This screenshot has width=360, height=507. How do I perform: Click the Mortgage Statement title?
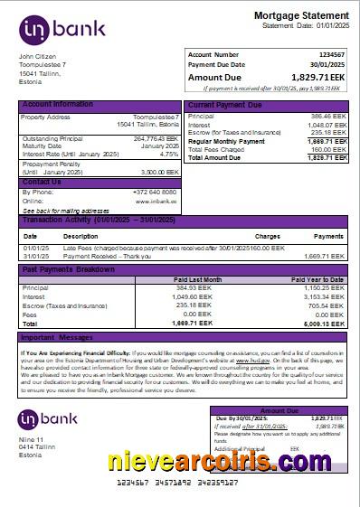coord(301,16)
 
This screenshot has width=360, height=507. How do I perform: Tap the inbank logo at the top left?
coord(62,28)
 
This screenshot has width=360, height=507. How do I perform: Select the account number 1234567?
coord(332,55)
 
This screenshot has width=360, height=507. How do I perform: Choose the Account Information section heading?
coord(58,105)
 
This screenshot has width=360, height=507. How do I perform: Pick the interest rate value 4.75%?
coord(169,154)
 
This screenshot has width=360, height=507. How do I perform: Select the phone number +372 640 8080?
coord(156,192)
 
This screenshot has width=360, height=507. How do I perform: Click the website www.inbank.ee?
coord(158,200)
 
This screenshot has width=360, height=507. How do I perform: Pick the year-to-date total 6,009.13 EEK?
coord(324,322)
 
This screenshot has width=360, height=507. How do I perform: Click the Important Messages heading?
coord(56,338)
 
